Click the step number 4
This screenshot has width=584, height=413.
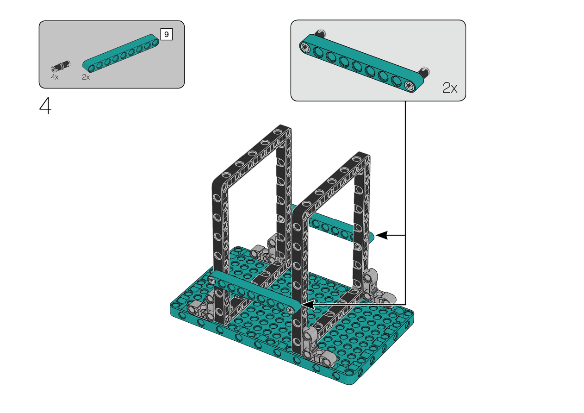point(45,106)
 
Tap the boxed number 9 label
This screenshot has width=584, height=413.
point(166,34)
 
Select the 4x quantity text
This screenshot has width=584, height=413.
point(55,77)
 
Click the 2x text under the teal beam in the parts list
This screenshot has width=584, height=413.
point(86,77)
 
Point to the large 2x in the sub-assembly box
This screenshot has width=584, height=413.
point(450,88)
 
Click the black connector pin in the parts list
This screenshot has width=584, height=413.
point(61,66)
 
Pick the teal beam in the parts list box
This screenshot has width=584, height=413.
point(121,53)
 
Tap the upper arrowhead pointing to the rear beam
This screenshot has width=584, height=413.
point(381,235)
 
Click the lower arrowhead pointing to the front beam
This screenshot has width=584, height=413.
point(308,305)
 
